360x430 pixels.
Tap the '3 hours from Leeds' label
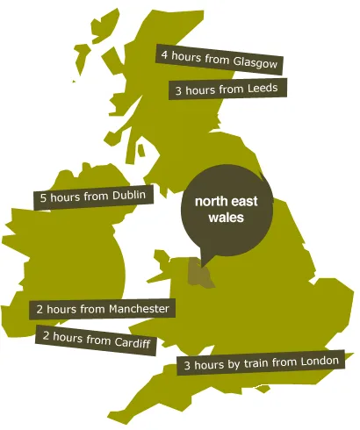tap(227, 90)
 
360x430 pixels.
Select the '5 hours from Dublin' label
tap(93, 197)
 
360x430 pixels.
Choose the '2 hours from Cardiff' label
tap(96, 337)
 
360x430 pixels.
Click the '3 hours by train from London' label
tap(264, 363)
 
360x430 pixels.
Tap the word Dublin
tap(128, 195)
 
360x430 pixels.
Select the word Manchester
tap(140, 309)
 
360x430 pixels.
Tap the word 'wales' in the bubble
tap(226, 219)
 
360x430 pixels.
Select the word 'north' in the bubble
tap(211, 203)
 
